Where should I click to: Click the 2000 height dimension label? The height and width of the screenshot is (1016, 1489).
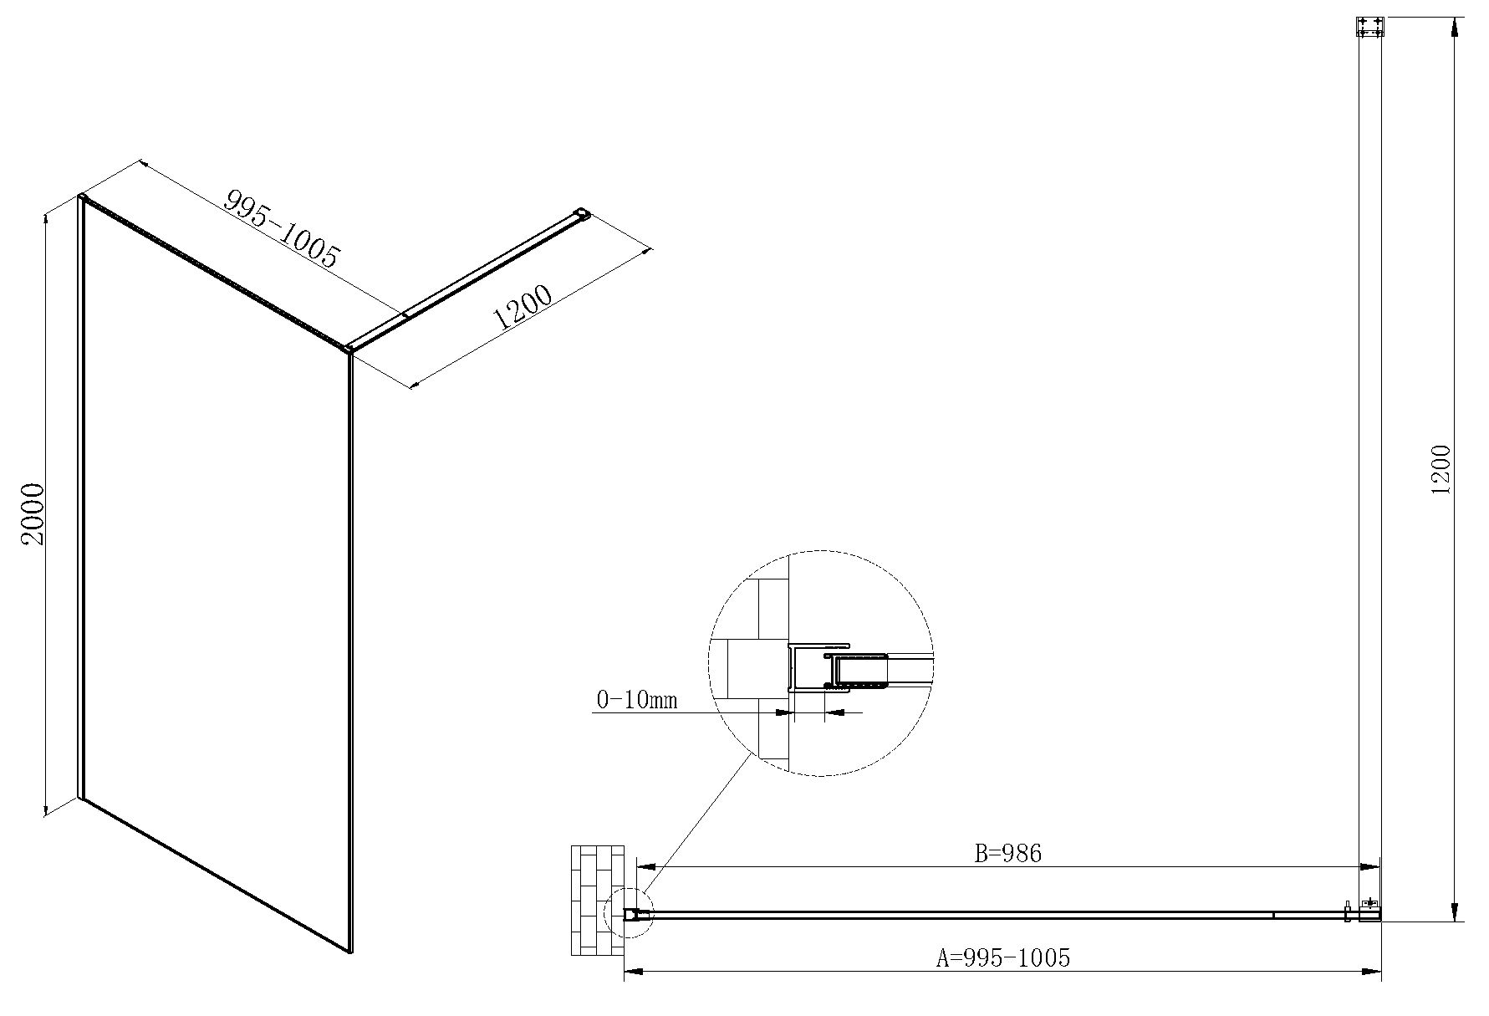[33, 514]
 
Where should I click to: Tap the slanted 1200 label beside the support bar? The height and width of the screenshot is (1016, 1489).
[523, 309]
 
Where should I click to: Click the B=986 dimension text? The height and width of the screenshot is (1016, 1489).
[1008, 853]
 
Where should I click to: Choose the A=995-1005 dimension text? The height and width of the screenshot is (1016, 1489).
[1003, 957]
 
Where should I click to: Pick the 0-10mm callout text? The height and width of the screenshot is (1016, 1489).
[635, 699]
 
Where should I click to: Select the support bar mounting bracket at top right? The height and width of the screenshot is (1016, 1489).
[1369, 27]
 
